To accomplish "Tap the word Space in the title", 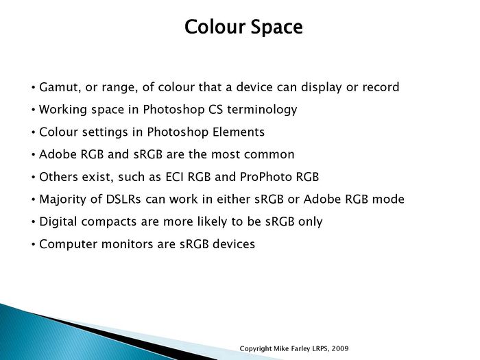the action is (277, 28).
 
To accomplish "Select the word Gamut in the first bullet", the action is (58, 87).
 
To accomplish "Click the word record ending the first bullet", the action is (381, 87).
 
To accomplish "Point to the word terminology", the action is (262, 110).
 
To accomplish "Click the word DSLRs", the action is (123, 200).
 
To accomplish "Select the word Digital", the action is (58, 222).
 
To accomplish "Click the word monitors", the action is (127, 244).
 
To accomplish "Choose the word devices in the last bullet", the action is (234, 244).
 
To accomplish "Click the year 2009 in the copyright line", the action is (340, 348).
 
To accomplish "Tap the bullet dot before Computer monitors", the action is (34, 245).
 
